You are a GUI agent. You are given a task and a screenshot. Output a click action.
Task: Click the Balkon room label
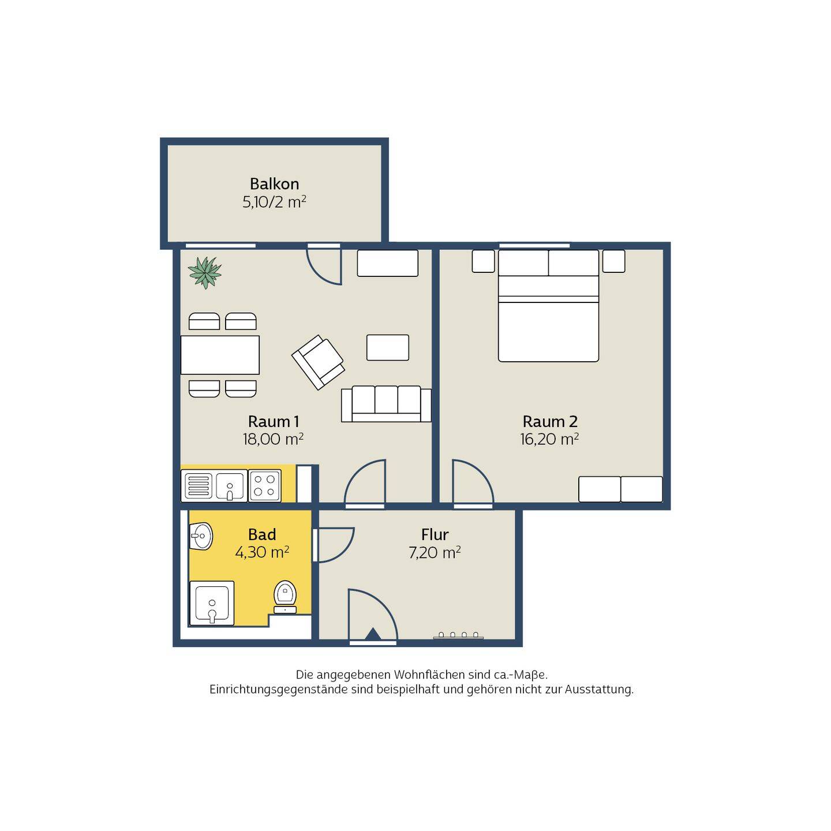(274, 184)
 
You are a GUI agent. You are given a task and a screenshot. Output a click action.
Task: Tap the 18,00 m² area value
(273, 439)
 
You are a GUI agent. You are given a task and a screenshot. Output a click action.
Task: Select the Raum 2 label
(550, 421)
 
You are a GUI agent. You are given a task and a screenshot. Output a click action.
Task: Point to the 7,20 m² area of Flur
(435, 552)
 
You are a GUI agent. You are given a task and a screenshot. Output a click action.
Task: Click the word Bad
(262, 535)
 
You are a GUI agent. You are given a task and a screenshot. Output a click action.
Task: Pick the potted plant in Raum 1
(205, 272)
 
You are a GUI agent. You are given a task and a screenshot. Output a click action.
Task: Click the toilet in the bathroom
(285, 597)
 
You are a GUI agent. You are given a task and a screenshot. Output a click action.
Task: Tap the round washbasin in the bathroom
(201, 536)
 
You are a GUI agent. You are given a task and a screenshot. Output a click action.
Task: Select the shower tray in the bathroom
(212, 603)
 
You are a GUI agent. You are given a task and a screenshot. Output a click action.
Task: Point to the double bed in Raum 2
(549, 306)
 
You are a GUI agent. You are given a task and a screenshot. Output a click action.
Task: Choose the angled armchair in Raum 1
(318, 362)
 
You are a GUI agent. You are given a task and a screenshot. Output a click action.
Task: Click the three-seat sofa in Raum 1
(387, 404)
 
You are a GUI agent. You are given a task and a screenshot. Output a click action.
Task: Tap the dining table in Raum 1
(220, 355)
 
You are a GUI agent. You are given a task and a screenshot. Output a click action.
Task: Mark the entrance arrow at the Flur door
(373, 634)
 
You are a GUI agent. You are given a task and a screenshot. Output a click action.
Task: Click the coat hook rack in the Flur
(458, 635)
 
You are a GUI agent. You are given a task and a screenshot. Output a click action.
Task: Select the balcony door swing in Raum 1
(323, 267)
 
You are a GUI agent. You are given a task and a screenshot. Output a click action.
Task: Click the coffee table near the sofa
(388, 347)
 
